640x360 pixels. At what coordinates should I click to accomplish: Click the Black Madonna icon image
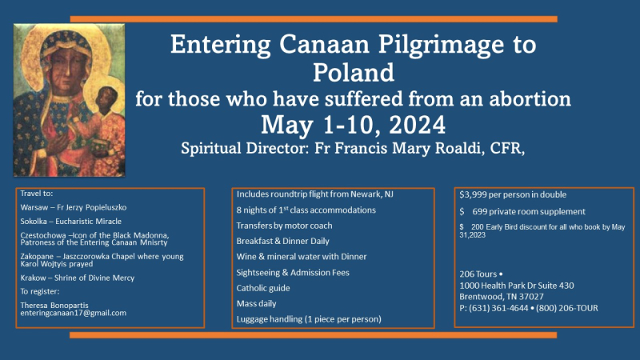pos(69,99)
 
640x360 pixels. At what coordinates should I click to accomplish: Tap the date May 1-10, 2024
pos(353,125)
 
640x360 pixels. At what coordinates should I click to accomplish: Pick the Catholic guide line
pos(263,287)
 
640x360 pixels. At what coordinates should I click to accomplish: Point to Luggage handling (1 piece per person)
pos(309,319)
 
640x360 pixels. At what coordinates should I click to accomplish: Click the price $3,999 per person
pos(512,194)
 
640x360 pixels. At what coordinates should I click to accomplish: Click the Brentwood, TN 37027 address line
pos(504,297)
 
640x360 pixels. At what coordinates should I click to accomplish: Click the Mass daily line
pos(257,303)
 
